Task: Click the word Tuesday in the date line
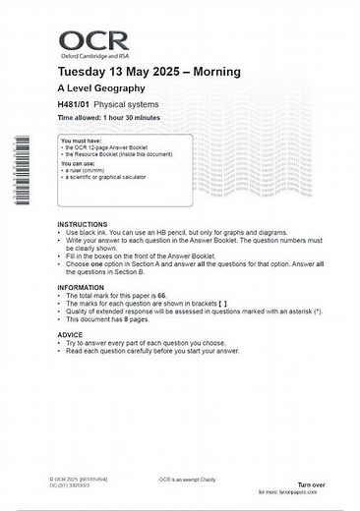click(84, 73)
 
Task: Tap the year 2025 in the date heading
click(158, 73)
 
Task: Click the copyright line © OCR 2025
click(78, 479)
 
